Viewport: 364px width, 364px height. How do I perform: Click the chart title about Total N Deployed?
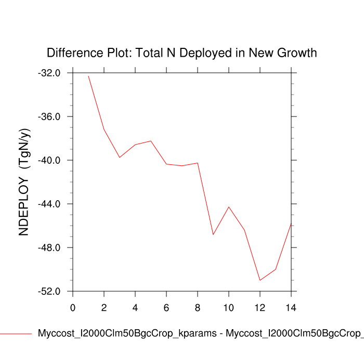coord(181,53)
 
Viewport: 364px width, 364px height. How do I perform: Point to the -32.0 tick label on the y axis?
coord(49,73)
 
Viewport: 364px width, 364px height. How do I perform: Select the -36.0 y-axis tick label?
coord(49,116)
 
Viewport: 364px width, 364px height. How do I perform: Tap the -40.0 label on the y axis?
coord(49,160)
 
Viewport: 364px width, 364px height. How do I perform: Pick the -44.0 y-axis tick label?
coord(49,204)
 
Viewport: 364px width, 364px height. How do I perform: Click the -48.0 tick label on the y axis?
coord(49,248)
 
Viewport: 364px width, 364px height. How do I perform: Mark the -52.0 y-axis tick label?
coord(49,291)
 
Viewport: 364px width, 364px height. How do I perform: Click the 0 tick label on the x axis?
coord(73,307)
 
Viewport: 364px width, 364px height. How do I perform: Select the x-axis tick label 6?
coord(166,307)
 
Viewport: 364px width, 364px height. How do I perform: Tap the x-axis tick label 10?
coord(229,307)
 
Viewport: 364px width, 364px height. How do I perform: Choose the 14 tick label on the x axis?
coord(291,307)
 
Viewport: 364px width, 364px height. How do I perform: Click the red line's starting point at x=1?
coord(88,76)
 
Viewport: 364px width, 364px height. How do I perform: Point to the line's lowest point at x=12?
coord(260,280)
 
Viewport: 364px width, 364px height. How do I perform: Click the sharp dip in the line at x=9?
coord(213,235)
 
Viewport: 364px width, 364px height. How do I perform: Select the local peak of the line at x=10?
coord(229,207)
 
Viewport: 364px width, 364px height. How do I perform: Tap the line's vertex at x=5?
coord(151,141)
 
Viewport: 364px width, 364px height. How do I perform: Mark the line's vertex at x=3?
coord(120,158)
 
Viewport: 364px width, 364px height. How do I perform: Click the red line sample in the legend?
coord(16,333)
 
